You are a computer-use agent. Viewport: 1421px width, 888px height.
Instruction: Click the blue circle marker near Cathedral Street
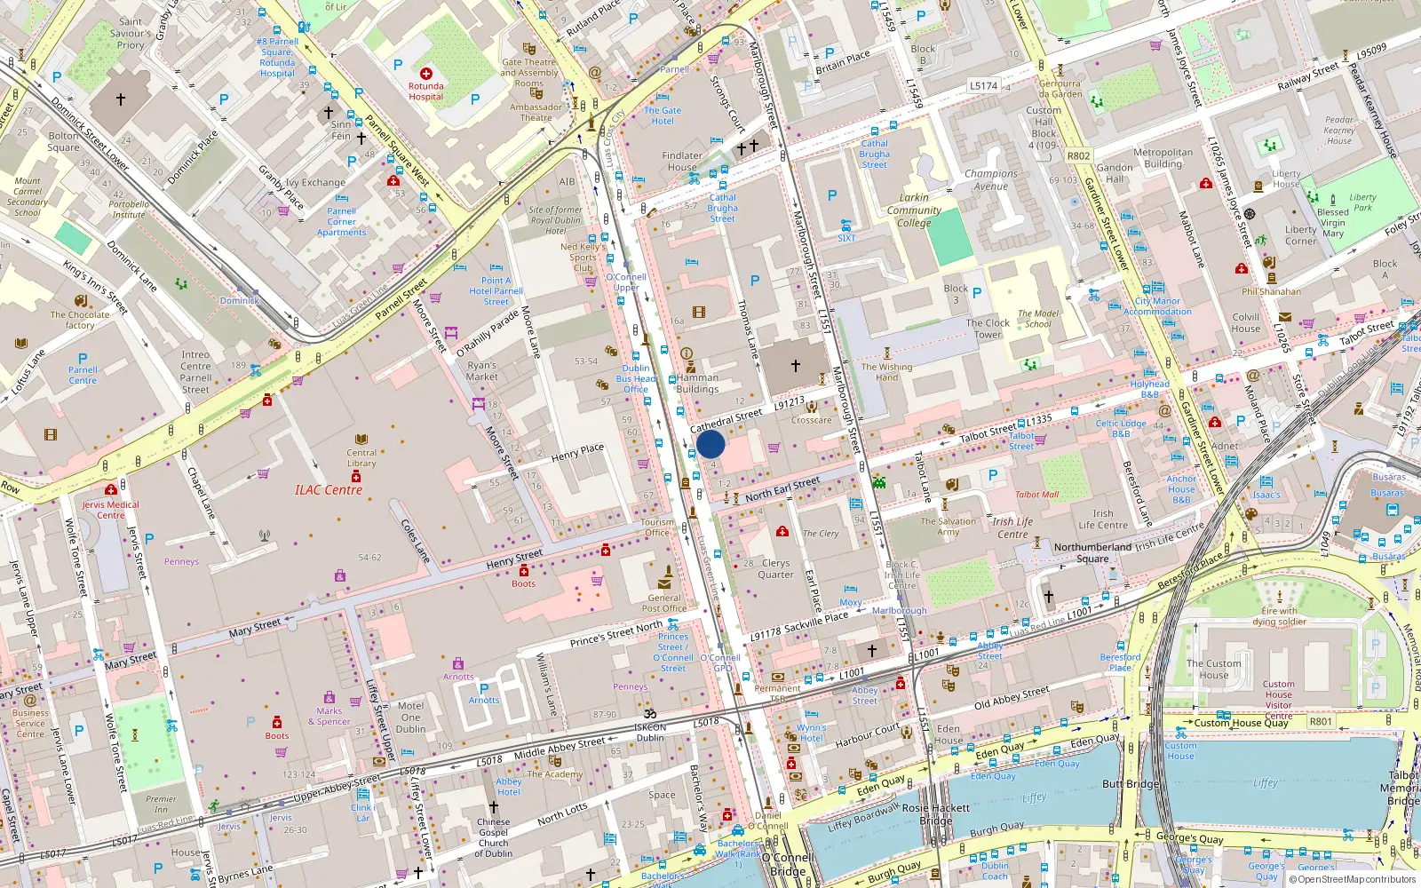point(710,444)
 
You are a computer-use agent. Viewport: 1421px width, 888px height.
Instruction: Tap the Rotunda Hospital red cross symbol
point(426,74)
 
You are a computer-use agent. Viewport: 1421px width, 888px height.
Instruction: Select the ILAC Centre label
point(329,490)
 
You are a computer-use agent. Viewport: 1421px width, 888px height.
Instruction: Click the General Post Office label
point(664,603)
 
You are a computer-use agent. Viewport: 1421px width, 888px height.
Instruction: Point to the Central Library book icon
point(361,440)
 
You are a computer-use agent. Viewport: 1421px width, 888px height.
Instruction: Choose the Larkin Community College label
point(914,210)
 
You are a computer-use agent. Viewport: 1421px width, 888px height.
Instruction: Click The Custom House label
point(1213,669)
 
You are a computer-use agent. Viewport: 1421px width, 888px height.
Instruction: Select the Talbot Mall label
point(1036,495)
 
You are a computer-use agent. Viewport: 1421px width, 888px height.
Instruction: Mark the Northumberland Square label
point(1092,552)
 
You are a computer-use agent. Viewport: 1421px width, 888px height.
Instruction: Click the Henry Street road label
point(514,559)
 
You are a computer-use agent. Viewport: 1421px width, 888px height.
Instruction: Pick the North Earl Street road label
point(782,488)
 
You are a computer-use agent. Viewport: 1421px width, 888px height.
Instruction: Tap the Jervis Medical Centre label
point(110,510)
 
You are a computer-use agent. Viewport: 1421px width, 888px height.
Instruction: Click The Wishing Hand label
point(886,371)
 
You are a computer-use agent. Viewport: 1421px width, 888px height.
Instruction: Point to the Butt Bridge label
point(1130,784)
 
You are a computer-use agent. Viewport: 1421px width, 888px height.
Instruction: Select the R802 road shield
point(1078,155)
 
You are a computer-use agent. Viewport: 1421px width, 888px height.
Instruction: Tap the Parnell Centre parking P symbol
point(83,359)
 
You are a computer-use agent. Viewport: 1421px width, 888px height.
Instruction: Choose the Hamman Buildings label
point(697,383)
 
